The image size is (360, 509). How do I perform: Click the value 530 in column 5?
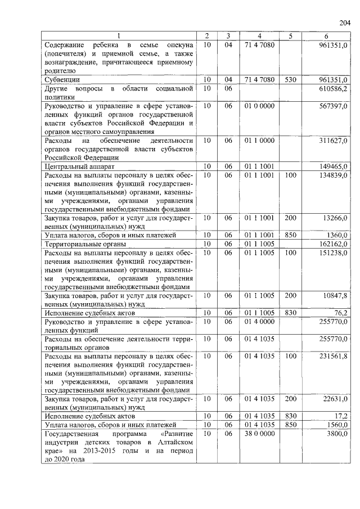290,80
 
